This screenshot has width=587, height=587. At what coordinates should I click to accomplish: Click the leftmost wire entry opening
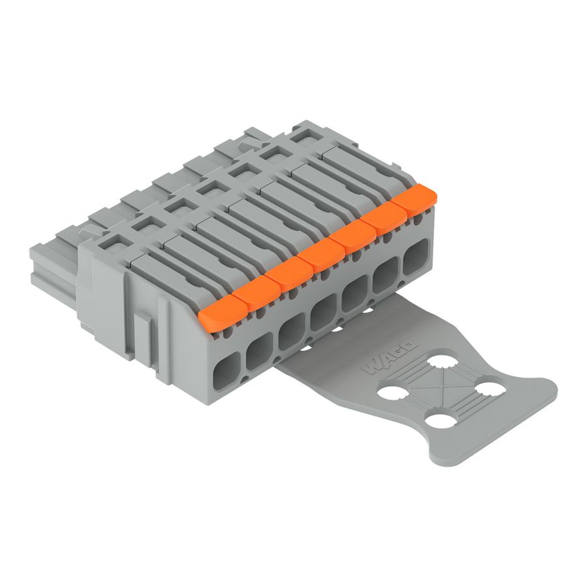coord(227,371)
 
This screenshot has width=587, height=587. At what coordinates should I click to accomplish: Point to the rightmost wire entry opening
coord(415,257)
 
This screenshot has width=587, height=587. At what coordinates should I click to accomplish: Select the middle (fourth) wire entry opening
coord(322,312)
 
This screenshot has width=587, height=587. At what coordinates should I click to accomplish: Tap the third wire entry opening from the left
coord(292,332)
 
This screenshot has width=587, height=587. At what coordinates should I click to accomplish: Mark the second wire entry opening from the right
coord(385,275)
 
